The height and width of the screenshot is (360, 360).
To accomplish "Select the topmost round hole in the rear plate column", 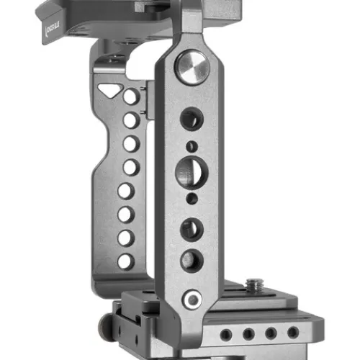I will tap(131, 96).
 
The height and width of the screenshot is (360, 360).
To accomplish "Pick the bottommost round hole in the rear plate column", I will tap(125, 261).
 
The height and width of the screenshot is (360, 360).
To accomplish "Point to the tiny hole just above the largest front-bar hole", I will tap(190, 147).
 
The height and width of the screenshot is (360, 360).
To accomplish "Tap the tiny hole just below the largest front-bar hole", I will tap(191, 197).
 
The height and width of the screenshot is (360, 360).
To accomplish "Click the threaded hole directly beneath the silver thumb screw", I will tap(191, 118).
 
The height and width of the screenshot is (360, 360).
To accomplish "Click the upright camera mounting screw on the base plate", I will tap(253, 287).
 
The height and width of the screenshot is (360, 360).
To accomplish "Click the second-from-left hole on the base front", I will tap(248, 334).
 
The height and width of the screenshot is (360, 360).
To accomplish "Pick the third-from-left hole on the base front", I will tap(271, 333).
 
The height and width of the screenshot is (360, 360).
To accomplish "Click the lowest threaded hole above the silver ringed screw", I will tap(191, 261).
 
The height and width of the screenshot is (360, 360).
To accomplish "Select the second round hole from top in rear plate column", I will tap(130, 120).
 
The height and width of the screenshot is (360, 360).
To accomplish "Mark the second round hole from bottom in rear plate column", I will tap(125, 238).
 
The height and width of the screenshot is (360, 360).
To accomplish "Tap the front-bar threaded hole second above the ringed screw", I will tap(191, 229).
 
